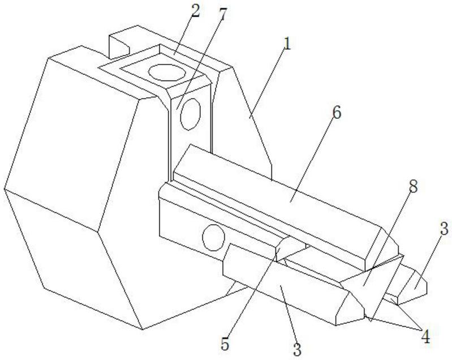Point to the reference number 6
[337, 113]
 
